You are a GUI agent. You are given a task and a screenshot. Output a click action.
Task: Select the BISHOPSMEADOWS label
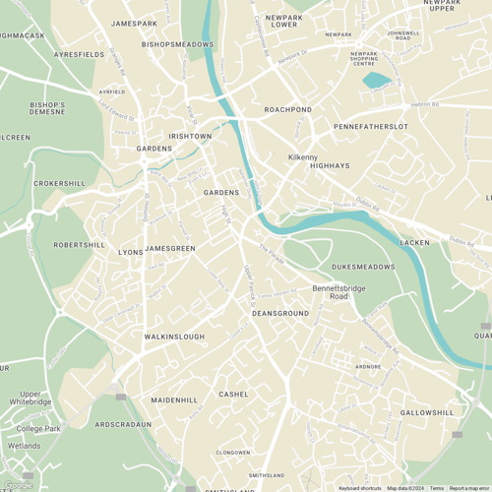pos(178,44)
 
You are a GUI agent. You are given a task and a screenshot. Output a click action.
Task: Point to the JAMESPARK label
pos(135,22)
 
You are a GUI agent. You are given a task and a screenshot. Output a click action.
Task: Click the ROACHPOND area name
pos(287,109)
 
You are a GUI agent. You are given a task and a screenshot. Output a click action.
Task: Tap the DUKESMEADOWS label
pos(363,267)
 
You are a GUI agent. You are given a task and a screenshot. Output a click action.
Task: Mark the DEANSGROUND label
pos(280,313)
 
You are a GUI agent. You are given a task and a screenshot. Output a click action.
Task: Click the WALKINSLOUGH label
pos(174,337)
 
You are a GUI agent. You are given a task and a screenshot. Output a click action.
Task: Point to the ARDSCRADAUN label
pos(123,424)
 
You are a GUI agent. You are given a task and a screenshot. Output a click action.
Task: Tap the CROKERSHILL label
pos(60,183)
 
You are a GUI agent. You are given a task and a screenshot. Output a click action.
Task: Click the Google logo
pos(18,484)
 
